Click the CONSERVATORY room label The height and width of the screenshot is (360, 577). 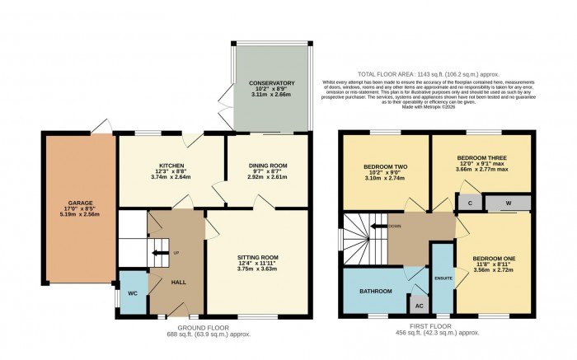272,83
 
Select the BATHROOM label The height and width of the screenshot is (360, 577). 375,291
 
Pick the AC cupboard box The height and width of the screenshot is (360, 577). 420,305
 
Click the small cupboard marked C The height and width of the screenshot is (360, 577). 468,203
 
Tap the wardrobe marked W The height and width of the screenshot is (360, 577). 509,203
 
